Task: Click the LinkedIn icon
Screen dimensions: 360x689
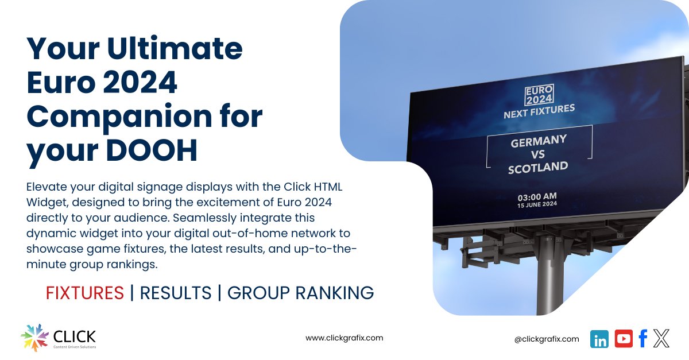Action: click(599, 339)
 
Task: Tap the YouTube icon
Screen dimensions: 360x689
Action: click(624, 339)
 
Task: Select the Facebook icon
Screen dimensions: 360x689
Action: click(643, 339)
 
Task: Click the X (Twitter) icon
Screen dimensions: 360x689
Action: click(661, 339)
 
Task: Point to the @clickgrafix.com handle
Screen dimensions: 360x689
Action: click(547, 339)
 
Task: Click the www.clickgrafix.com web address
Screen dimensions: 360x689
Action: click(344, 338)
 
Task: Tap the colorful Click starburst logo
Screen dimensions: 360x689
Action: click(35, 338)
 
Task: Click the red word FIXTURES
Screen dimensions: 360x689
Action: click(84, 293)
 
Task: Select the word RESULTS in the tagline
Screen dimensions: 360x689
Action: click(176, 293)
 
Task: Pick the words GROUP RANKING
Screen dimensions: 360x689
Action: click(300, 293)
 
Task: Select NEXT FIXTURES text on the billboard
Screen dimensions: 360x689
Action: click(539, 111)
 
